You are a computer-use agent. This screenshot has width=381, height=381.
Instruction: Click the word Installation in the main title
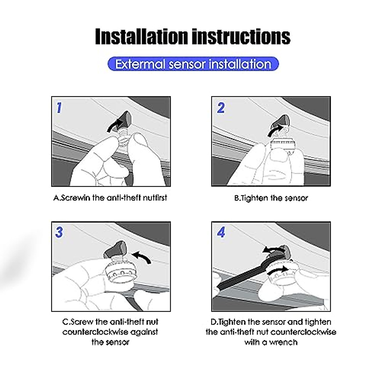pos(141,37)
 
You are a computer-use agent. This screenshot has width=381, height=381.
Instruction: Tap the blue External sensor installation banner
pos(193,64)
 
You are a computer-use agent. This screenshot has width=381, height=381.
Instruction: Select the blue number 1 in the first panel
pos(59,108)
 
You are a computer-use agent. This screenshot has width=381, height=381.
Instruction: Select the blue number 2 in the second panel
pos(221,108)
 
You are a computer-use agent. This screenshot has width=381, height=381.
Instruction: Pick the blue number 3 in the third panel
pos(59,232)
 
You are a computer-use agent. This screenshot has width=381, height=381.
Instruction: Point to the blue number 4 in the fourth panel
pos(221,232)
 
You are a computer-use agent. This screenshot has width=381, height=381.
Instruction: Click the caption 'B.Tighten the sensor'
pos(271,198)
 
